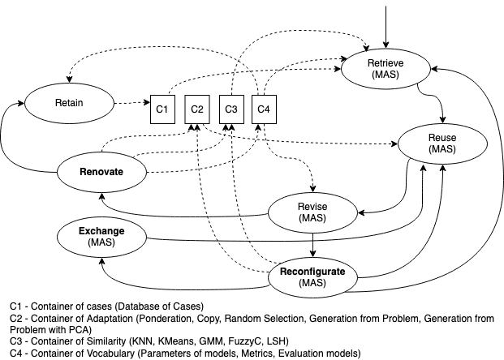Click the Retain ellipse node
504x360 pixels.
pos(70,103)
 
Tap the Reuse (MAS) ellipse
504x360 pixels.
pos(442,144)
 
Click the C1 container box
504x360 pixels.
pos(162,109)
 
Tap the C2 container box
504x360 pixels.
pos(196,109)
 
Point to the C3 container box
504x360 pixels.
pos(230,109)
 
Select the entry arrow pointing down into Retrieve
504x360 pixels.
pos(386,24)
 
